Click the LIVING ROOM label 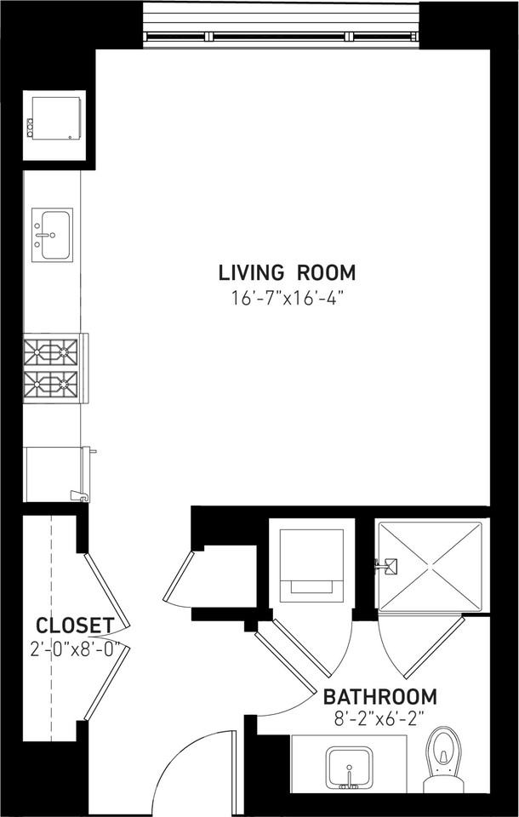tap(287, 273)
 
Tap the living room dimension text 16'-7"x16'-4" tap(287, 298)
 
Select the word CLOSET tap(75, 626)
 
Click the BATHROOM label tap(380, 697)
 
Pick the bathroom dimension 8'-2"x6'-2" tap(379, 718)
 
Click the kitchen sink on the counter tap(53, 234)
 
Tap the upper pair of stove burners tap(51, 351)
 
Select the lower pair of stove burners tap(51, 384)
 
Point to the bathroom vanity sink tap(350, 767)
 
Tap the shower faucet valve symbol tap(387, 564)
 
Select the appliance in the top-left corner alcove tap(54, 117)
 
